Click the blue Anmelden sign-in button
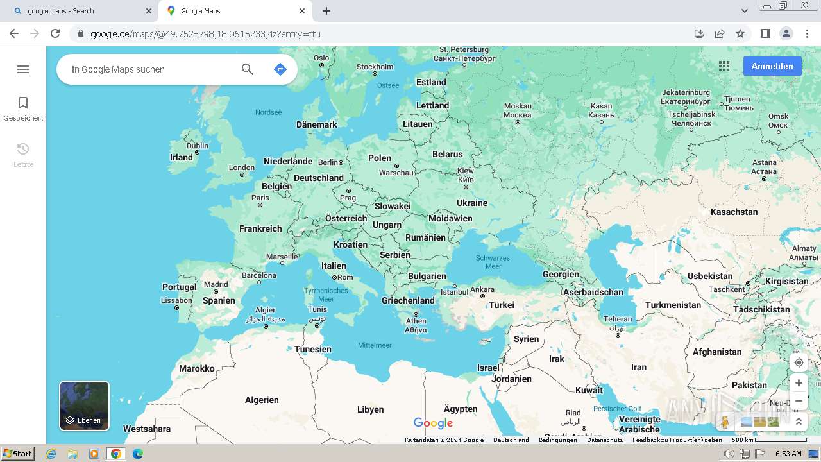click(772, 66)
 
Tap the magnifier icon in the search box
click(248, 69)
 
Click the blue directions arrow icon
click(280, 69)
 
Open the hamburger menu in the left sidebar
click(23, 69)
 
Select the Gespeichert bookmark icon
click(23, 103)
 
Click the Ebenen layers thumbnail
click(85, 406)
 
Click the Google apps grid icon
click(724, 66)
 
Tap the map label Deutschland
click(319, 178)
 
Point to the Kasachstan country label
click(734, 212)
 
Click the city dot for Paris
click(260, 205)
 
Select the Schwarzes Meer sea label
click(493, 262)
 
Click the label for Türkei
click(502, 305)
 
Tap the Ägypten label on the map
click(461, 409)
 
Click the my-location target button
click(799, 363)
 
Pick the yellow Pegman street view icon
click(725, 422)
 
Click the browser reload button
click(55, 33)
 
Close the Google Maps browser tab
click(302, 11)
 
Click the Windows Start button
click(17, 454)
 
